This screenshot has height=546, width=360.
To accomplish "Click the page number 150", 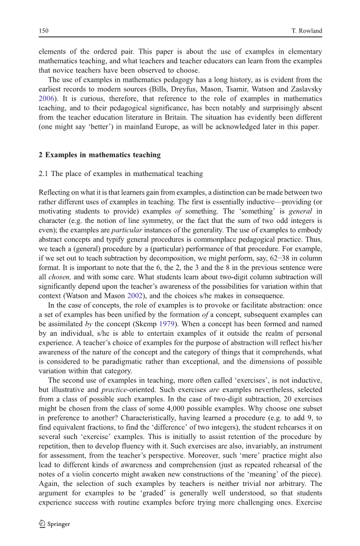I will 44,31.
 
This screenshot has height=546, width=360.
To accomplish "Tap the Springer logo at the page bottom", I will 55,524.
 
